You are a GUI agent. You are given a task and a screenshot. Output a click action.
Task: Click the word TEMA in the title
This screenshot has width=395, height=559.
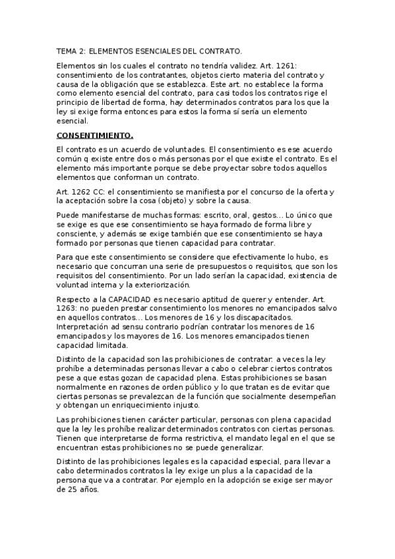tap(67, 50)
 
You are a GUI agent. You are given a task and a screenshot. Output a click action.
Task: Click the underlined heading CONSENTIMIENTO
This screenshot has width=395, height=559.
tap(95, 136)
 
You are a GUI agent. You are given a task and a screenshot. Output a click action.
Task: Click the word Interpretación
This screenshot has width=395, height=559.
tap(85, 326)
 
